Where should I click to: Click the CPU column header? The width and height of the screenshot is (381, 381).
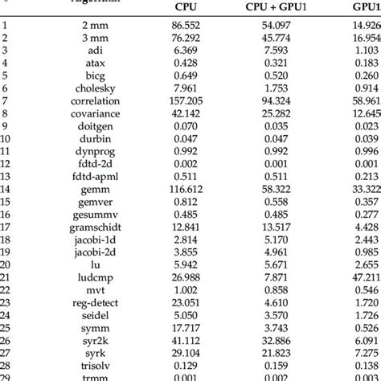pyautogui.click(x=186, y=6)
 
